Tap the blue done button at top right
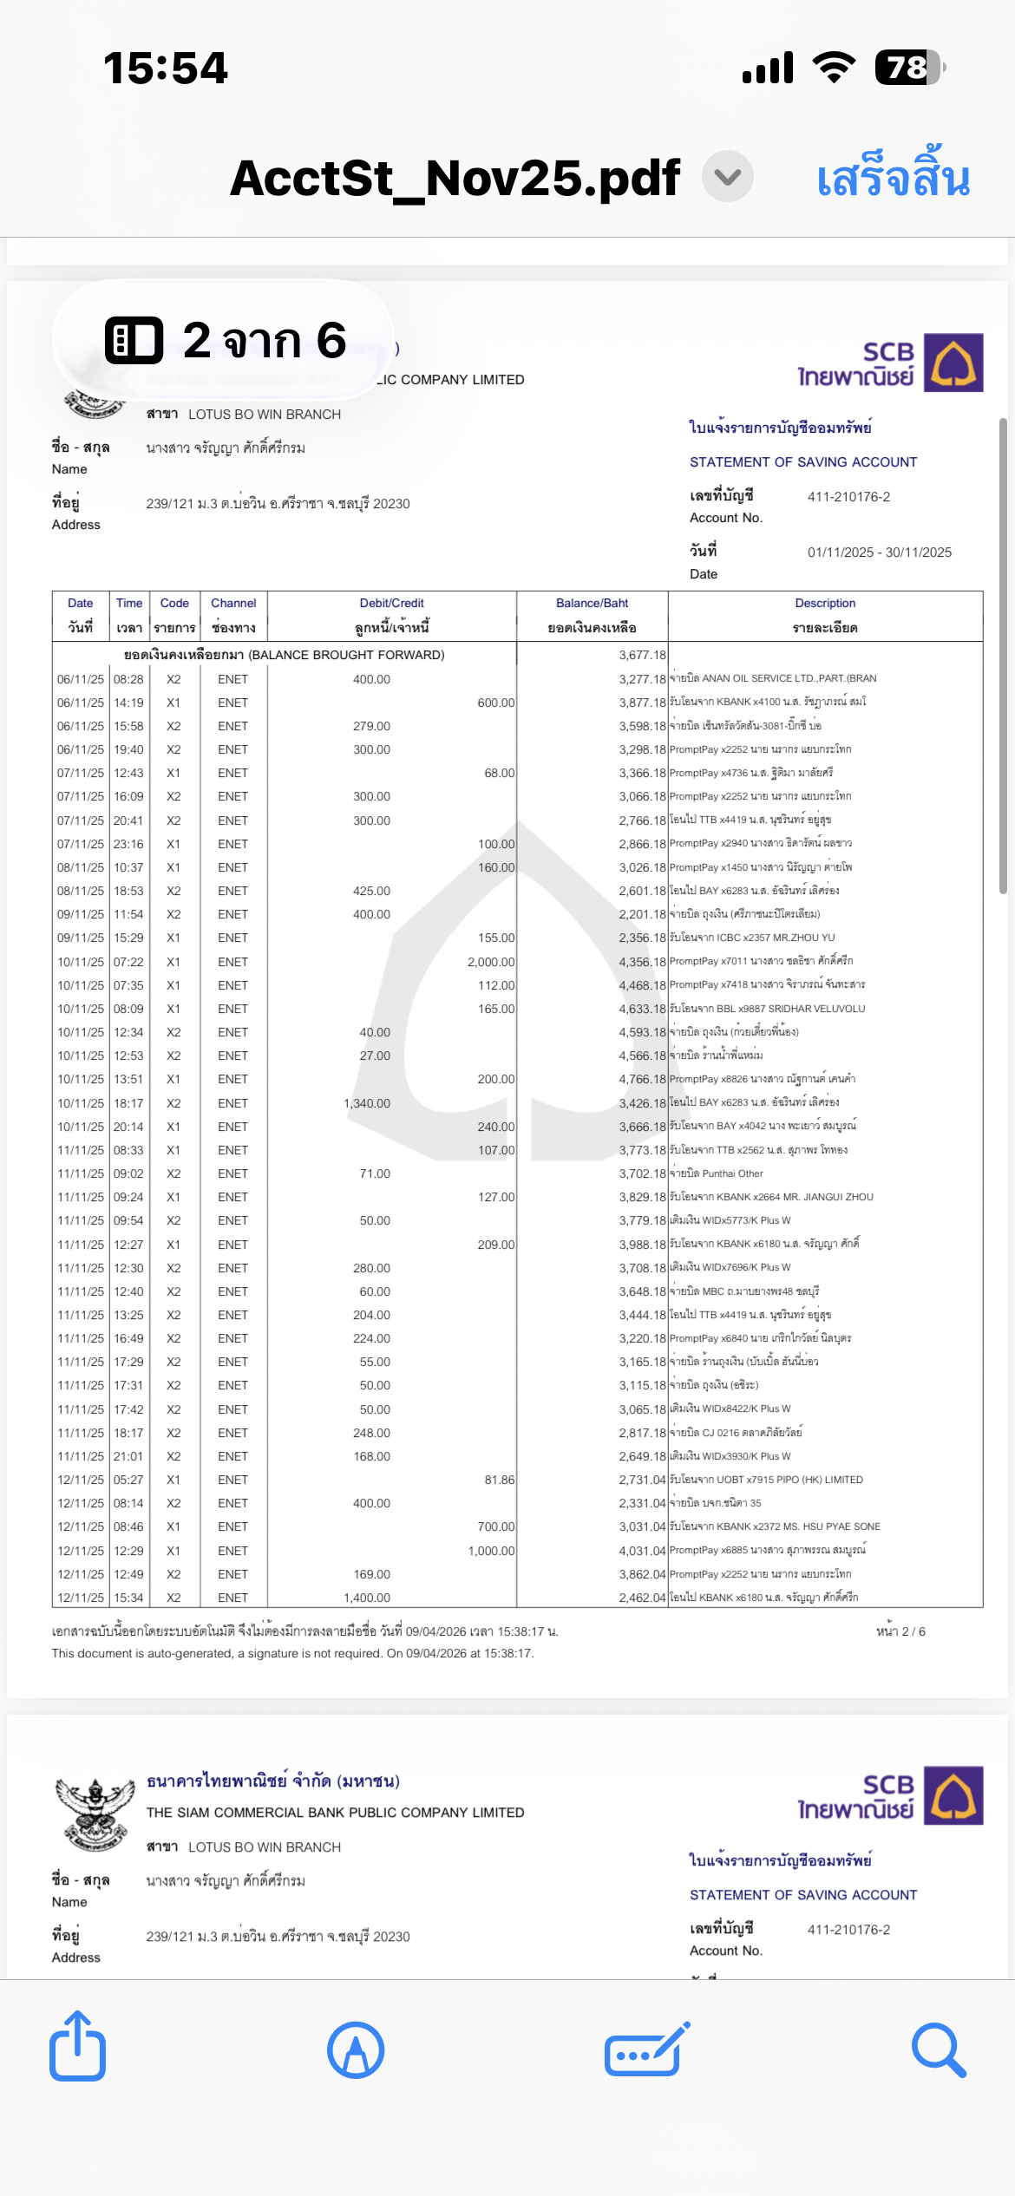tap(893, 178)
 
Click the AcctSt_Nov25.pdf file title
tap(455, 178)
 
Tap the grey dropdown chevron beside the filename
tap(727, 176)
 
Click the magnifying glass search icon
tap(938, 2050)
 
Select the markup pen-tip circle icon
tap(356, 2050)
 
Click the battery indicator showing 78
tap(908, 68)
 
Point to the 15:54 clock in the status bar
tap(166, 68)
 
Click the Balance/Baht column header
tap(592, 604)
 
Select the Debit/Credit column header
tap(391, 604)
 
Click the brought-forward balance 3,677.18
tap(642, 655)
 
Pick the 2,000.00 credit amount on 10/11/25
tap(491, 962)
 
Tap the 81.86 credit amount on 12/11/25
tap(499, 1480)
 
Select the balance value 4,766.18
tap(642, 1080)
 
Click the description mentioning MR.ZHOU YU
tap(752, 938)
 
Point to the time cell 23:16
tap(128, 844)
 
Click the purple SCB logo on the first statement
tap(953, 363)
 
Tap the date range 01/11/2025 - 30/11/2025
tap(879, 552)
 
